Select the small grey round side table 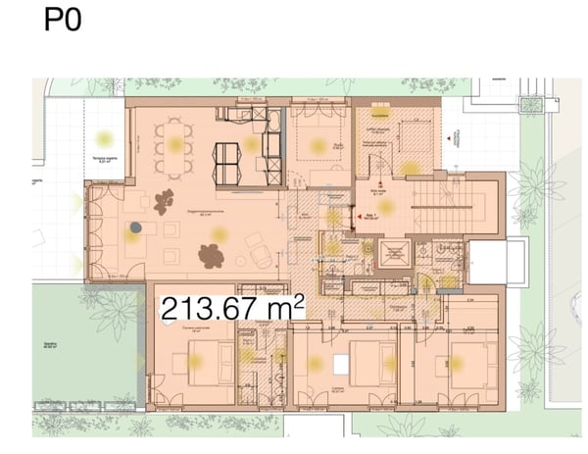tap(135, 227)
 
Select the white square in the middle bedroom tap(340, 364)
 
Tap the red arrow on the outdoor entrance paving tap(450, 139)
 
